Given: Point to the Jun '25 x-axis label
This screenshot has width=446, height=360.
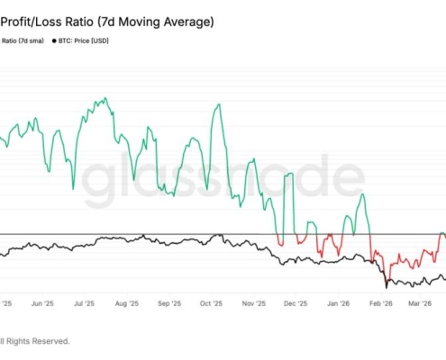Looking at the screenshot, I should tap(42, 305).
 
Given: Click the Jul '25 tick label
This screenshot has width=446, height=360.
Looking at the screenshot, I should tap(84, 305).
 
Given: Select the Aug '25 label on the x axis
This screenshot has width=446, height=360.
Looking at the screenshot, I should tap(127, 305).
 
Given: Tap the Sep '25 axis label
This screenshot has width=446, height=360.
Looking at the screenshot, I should tap(169, 305).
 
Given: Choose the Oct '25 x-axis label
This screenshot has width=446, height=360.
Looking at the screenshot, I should tap(211, 305).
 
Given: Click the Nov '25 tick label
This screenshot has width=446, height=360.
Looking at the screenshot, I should tap(254, 305).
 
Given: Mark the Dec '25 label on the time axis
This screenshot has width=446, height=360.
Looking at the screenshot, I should tap(296, 305).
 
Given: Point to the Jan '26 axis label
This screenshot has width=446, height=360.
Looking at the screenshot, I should tap(338, 305).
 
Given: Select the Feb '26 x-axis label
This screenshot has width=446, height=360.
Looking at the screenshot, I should tap(381, 305).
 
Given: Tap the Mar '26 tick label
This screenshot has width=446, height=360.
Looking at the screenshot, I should tap(422, 305).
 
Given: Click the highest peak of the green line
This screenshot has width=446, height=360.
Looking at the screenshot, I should tap(106, 98).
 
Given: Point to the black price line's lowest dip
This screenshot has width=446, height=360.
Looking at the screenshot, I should tap(387, 287).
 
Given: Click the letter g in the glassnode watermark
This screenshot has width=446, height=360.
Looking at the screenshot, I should tap(98, 179).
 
